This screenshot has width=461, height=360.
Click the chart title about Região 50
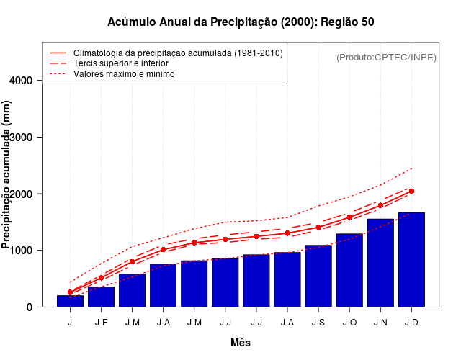(x=241, y=22)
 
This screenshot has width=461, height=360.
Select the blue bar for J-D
(x=411, y=259)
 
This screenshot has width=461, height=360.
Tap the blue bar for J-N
(x=380, y=263)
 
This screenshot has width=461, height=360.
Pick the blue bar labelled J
(x=70, y=301)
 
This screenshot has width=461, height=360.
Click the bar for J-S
(x=318, y=276)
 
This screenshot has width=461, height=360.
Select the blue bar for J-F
(x=101, y=297)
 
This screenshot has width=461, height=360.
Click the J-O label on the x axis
(x=349, y=322)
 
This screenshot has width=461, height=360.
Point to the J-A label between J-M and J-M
(x=163, y=322)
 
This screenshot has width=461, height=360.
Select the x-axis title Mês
(x=241, y=343)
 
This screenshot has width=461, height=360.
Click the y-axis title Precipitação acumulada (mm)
(x=7, y=175)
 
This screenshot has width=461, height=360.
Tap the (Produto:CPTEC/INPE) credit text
(x=387, y=57)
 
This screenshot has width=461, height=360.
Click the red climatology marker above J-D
(x=411, y=191)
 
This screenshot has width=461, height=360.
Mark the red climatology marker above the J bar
(x=70, y=292)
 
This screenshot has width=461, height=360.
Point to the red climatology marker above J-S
(x=318, y=227)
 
